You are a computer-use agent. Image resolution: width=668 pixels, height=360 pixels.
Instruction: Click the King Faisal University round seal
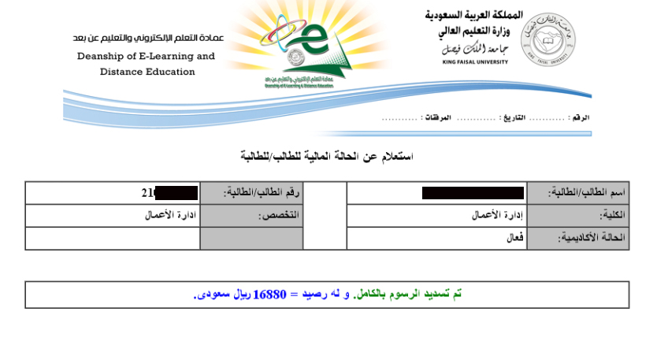547,36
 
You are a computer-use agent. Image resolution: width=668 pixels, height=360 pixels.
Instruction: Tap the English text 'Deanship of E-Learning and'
146,57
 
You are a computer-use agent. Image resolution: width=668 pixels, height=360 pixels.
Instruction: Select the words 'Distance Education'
147,72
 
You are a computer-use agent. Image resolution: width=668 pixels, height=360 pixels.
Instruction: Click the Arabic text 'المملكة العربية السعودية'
473,16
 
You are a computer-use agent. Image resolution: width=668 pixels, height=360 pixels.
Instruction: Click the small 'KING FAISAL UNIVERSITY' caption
473,61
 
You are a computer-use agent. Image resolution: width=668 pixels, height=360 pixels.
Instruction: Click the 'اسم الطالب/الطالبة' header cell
577,193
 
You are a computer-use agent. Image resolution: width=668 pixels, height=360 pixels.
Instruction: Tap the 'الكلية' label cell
577,215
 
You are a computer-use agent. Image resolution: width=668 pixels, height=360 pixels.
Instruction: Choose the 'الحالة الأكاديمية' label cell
577,238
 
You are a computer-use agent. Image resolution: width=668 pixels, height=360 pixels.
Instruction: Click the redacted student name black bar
473,193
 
